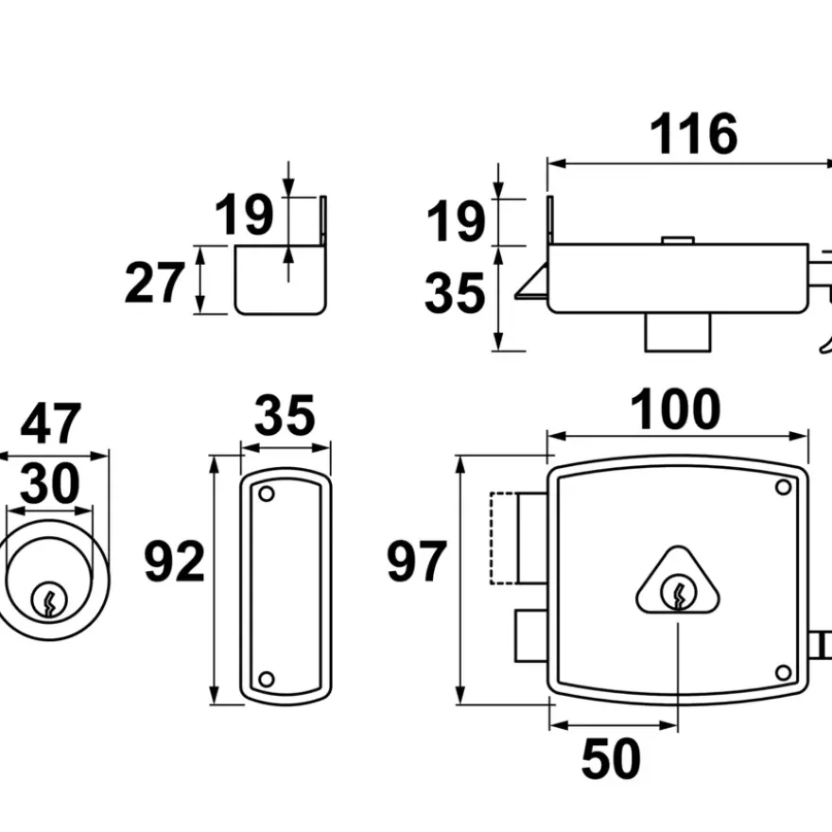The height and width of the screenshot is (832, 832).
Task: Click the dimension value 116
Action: (694, 134)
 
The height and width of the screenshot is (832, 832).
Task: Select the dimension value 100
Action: (675, 409)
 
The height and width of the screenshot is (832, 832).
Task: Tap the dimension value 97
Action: (417, 561)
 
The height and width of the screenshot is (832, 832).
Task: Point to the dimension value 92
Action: (175, 561)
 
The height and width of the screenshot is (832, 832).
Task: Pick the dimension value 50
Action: (612, 759)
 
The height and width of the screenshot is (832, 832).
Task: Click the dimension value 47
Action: (51, 423)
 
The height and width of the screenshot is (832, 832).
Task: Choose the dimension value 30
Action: (50, 483)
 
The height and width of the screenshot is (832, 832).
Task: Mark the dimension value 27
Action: (154, 283)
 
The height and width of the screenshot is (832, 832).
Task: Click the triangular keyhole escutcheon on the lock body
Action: (678, 581)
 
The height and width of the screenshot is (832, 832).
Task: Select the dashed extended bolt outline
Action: (503, 538)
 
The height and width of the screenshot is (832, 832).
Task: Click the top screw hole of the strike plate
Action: (267, 494)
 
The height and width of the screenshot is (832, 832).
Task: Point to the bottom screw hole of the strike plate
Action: (267, 679)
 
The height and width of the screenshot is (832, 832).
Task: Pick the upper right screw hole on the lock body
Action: (783, 487)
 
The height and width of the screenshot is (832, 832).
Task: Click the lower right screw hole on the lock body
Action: (783, 673)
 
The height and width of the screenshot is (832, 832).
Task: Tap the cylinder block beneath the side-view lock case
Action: (678, 332)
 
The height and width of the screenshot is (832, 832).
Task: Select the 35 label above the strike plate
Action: (285, 414)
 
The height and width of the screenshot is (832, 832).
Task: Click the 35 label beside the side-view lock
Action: (455, 293)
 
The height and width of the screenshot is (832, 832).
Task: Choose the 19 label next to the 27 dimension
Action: (244, 215)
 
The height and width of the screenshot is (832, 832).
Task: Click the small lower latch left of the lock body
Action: (531, 635)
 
